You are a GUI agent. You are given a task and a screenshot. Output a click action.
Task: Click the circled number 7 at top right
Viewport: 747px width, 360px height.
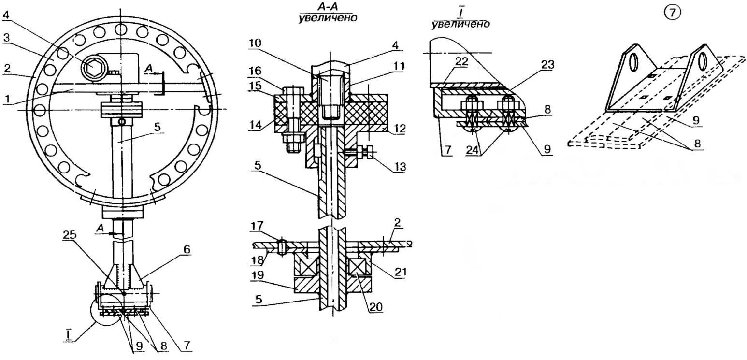pos(672,13)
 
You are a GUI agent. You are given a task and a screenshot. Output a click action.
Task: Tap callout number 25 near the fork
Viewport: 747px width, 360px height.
pos(69,235)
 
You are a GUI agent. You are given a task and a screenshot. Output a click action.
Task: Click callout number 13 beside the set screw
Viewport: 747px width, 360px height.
pos(399,167)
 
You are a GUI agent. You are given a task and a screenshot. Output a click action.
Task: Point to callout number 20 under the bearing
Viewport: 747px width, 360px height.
pos(375,307)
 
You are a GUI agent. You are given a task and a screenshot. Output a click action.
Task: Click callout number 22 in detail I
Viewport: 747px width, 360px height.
pos(461,61)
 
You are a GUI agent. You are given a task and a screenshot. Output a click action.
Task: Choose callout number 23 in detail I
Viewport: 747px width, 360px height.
pos(547,64)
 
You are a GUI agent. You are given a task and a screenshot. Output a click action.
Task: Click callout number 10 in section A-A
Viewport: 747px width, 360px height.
pos(255,43)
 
